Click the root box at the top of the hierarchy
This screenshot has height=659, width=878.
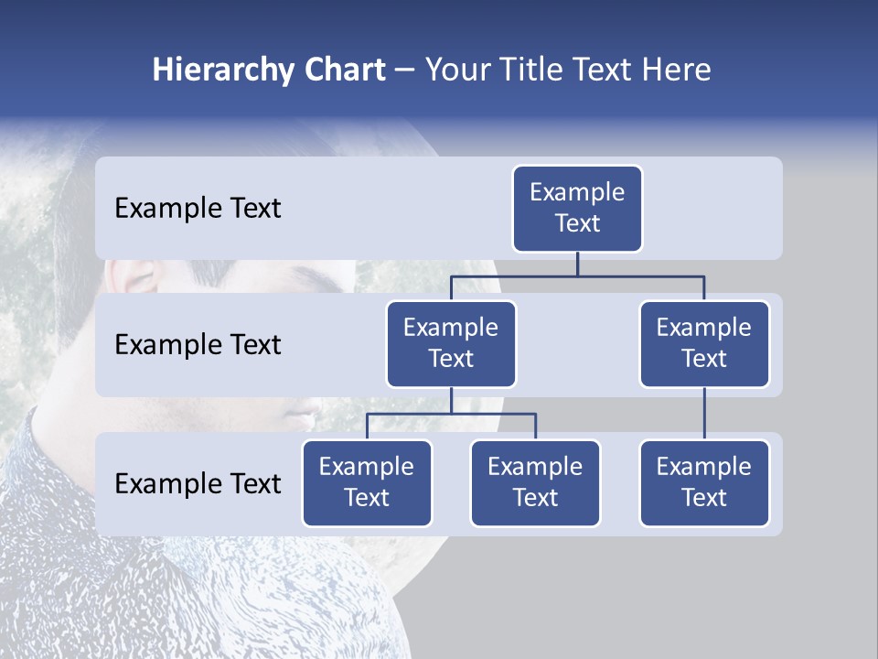[x=577, y=208]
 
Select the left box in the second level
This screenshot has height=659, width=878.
[x=451, y=343]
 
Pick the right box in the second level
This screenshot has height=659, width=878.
[x=704, y=343]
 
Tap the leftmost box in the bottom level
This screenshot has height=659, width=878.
[x=367, y=482]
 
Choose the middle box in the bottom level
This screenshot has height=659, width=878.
[x=535, y=482]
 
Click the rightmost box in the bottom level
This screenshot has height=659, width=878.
[x=704, y=482]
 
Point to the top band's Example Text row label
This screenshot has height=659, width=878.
[x=198, y=209]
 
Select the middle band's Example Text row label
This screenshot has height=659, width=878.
[x=198, y=345]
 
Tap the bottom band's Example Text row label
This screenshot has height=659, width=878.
[x=198, y=483]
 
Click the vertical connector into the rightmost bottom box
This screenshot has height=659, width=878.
[x=704, y=414]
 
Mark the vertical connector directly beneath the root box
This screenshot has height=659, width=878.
[x=577, y=264]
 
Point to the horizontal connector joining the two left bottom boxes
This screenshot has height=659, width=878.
[x=451, y=414]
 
